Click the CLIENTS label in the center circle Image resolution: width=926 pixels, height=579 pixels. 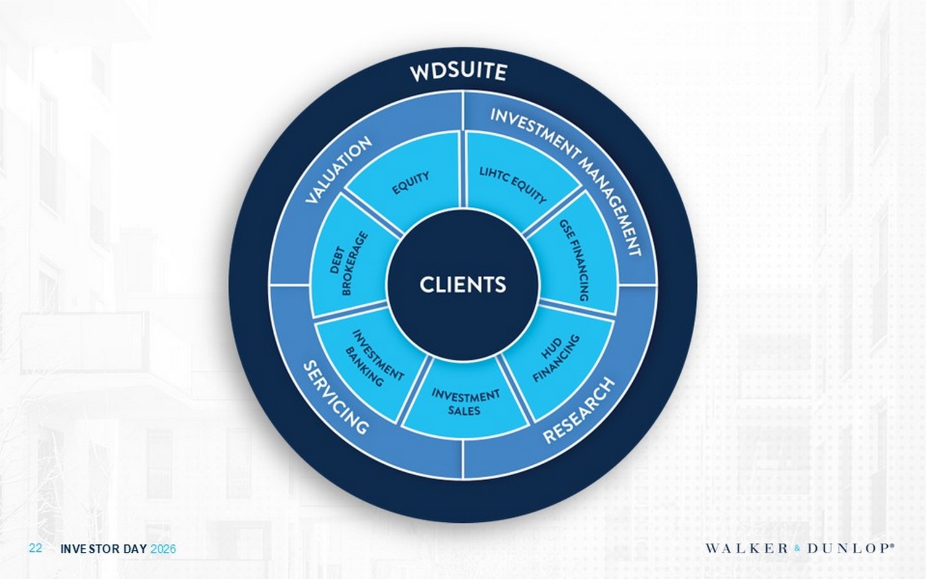462,285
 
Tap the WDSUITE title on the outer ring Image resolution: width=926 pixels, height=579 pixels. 458,72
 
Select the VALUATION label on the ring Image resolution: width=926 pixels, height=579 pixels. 339,170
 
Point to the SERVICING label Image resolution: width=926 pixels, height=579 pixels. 336,398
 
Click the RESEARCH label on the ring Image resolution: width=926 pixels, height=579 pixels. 578,410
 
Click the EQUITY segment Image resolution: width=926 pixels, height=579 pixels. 411,183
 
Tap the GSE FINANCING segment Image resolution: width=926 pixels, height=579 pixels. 575,260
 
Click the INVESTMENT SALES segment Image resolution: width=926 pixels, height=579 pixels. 465,402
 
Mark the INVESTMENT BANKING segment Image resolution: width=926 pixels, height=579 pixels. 373,358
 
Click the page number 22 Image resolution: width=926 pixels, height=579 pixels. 36,548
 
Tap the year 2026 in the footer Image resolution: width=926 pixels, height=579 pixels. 163,549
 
